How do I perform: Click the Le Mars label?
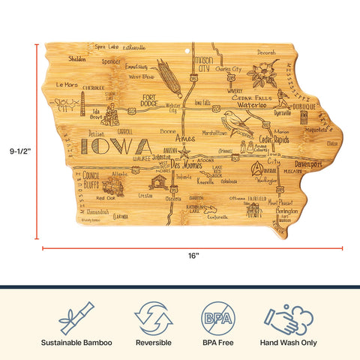coord(67,85)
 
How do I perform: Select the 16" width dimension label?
coord(193,256)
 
